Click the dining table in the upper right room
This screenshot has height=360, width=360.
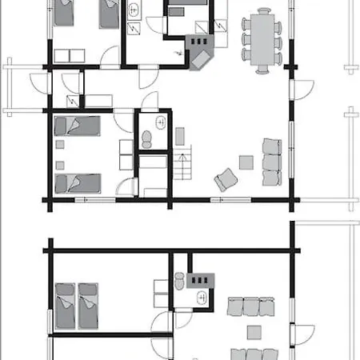point(261,40)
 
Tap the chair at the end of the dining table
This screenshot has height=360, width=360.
point(261,70)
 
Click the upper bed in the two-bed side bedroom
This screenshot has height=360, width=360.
point(78,127)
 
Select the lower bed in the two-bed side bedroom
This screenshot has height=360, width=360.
point(78,183)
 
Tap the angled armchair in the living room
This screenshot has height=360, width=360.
point(225,179)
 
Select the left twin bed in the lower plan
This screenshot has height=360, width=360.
point(64,306)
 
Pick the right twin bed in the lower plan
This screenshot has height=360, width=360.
point(87,306)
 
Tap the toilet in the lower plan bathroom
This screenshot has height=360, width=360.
point(180,282)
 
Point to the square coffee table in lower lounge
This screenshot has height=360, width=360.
point(254,331)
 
